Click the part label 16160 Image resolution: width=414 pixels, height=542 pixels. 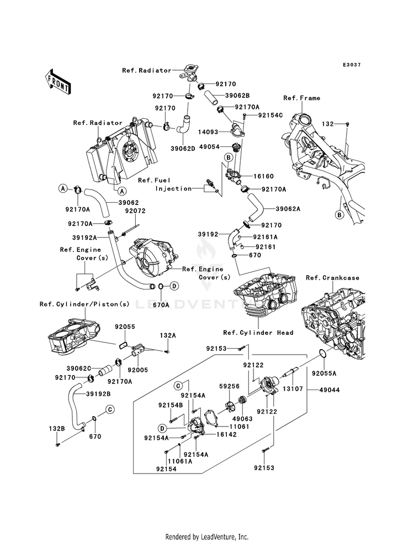(263, 176)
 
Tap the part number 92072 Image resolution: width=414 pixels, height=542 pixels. (135, 211)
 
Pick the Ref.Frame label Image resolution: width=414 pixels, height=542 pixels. (301, 98)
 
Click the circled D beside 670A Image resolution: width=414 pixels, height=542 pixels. (174, 286)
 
